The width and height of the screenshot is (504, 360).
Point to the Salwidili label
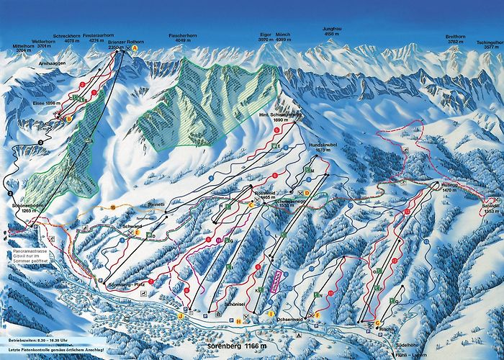coord(492,207)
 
